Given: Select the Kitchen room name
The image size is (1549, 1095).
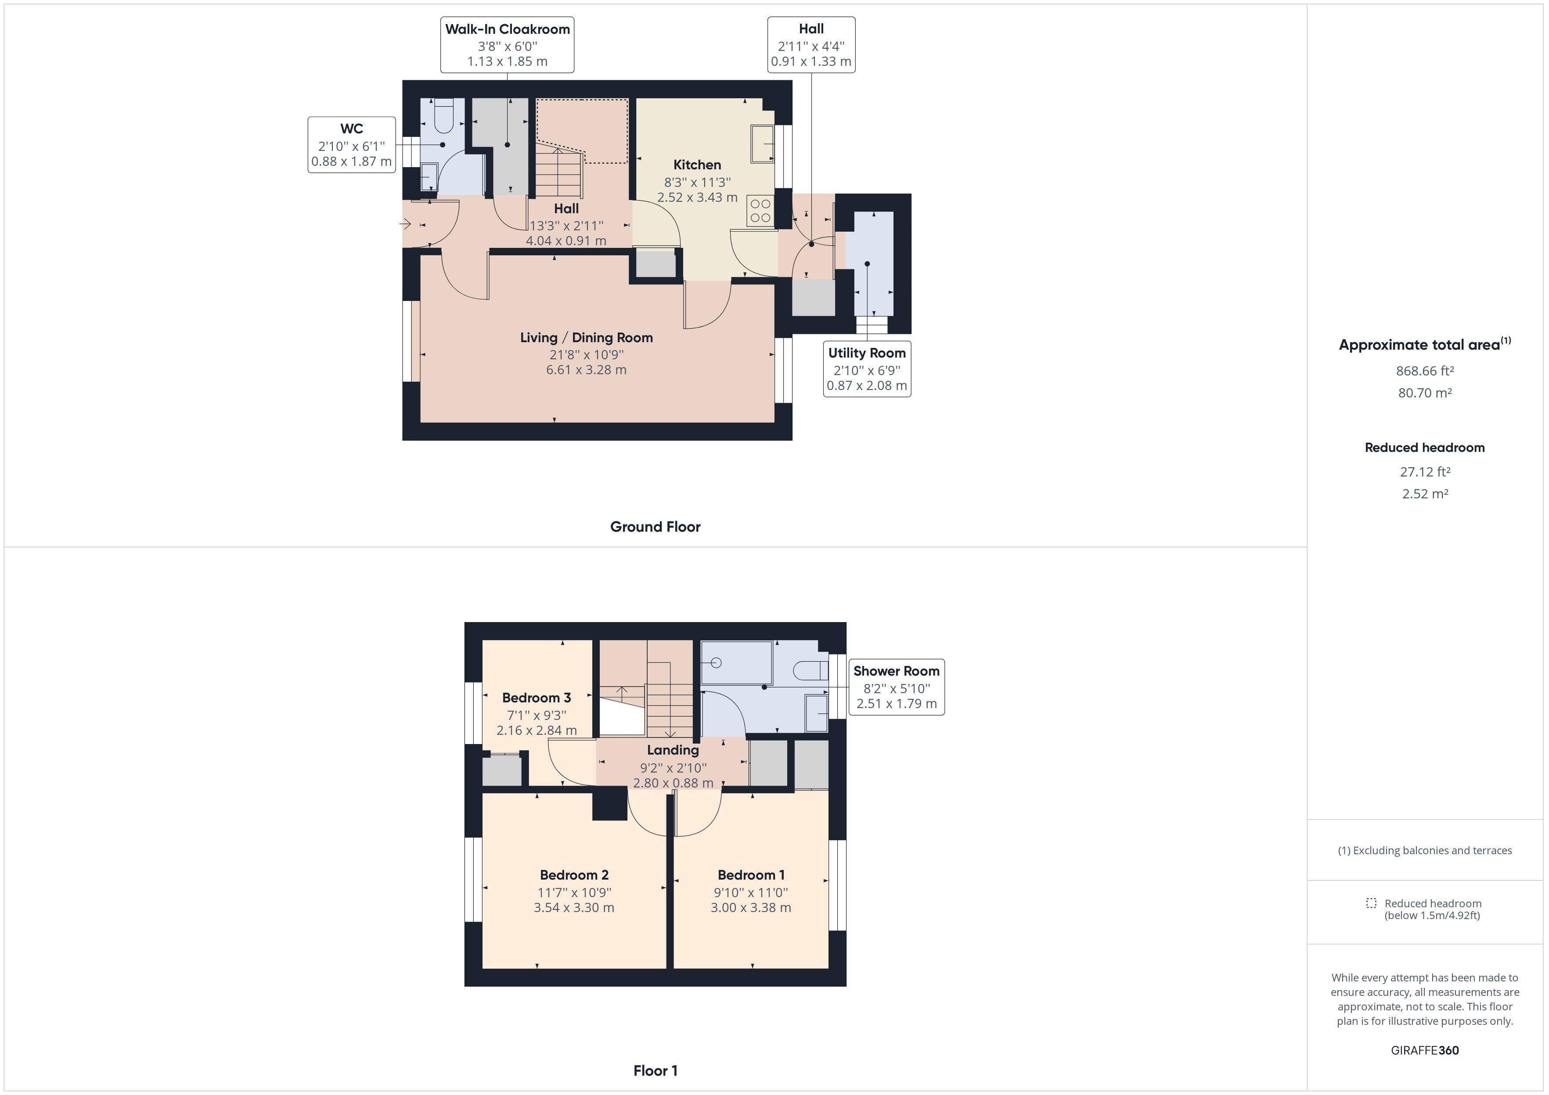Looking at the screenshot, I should [x=697, y=165].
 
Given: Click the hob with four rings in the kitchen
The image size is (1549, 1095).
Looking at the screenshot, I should [x=760, y=211].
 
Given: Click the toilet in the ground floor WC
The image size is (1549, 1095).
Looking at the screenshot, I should [x=443, y=116].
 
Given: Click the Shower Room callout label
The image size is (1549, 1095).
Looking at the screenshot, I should [x=896, y=687].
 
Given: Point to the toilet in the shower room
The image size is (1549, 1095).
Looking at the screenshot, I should [x=810, y=670].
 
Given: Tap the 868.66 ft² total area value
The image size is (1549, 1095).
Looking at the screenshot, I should [x=1424, y=371].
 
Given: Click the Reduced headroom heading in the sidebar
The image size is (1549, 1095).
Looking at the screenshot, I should [x=1424, y=448].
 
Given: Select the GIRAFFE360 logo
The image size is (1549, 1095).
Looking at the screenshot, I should [x=1424, y=1050].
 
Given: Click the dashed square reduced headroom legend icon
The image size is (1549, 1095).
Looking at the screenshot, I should [x=1370, y=903].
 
